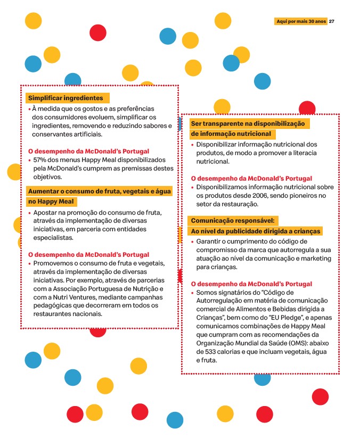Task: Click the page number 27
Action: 332,21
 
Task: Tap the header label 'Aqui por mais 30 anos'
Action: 301,21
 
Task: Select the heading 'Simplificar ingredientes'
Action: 66,98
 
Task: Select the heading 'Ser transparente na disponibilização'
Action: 247,124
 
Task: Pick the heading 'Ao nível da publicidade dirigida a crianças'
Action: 256,231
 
